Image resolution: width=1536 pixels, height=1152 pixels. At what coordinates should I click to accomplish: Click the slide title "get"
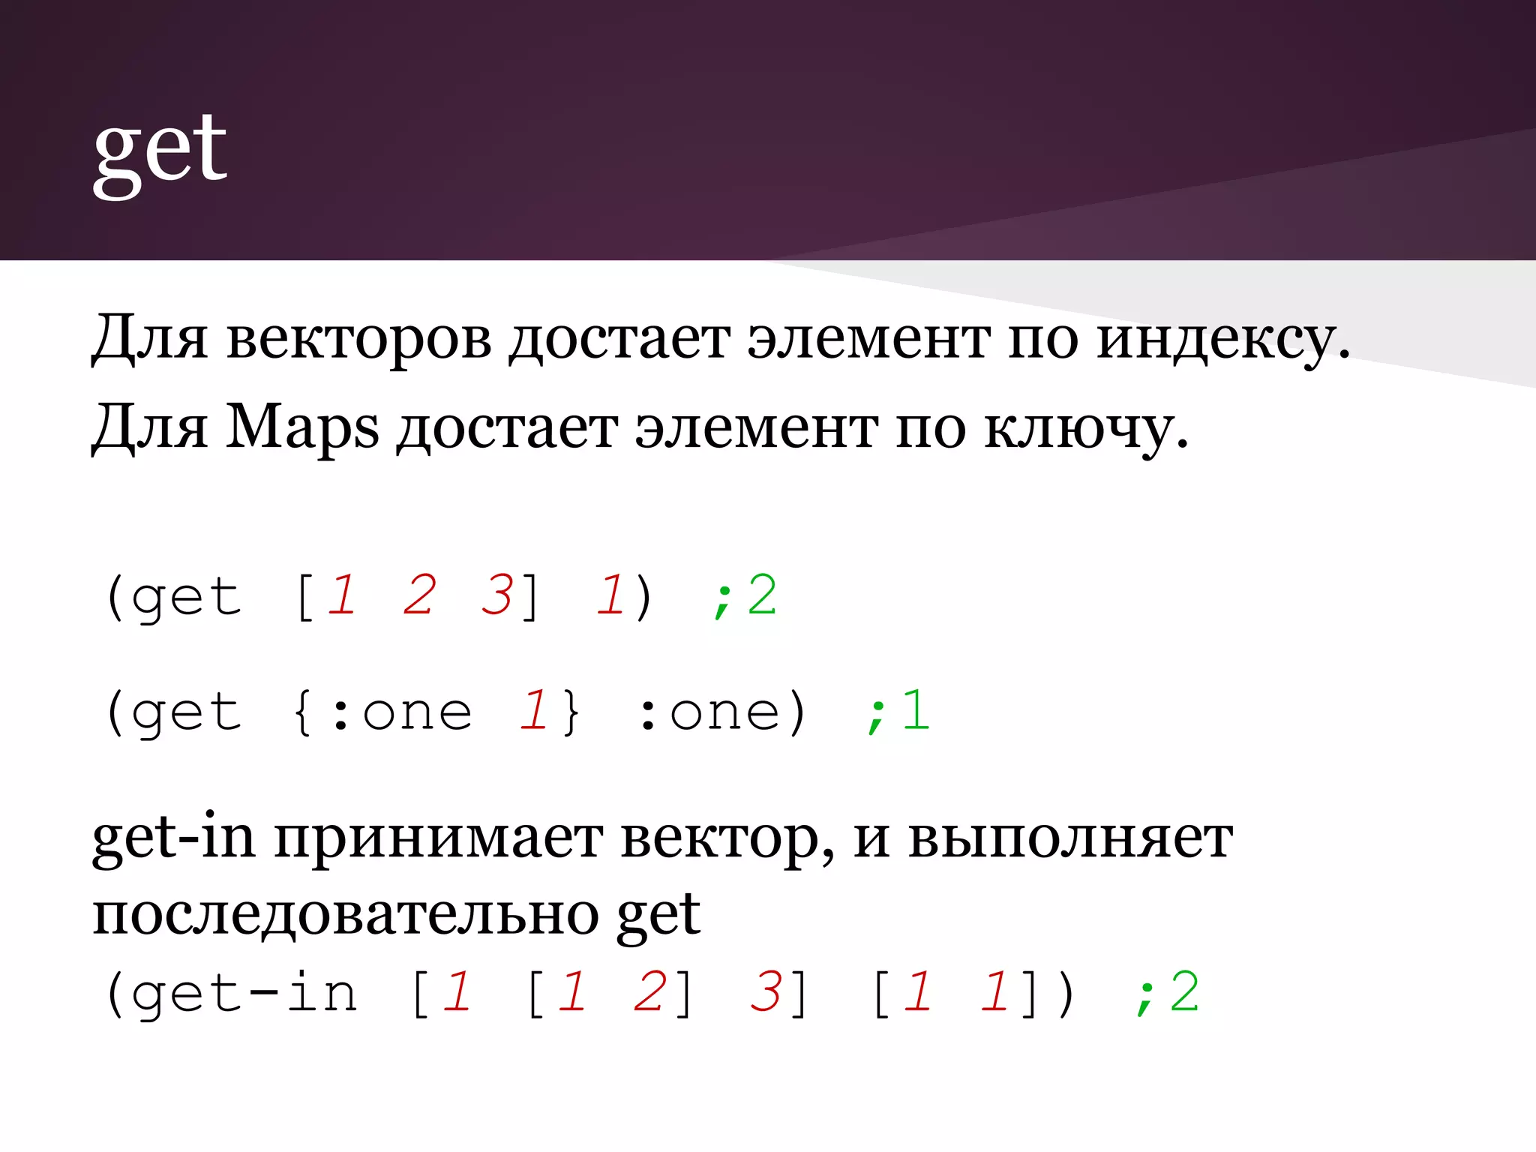click(160, 150)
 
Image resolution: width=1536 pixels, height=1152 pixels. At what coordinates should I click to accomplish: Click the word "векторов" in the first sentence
click(358, 338)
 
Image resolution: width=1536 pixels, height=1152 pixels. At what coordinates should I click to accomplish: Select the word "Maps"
click(302, 428)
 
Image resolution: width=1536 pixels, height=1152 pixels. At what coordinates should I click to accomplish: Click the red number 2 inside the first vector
click(418, 595)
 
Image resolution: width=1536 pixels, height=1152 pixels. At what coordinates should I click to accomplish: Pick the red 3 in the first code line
click(496, 595)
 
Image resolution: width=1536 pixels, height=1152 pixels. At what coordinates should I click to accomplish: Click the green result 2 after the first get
click(762, 595)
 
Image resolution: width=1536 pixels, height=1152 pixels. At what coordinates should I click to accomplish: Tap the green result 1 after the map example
click(915, 711)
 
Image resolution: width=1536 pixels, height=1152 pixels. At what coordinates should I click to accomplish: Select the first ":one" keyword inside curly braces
click(401, 711)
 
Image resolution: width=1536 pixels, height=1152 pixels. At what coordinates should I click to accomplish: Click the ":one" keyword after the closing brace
click(709, 711)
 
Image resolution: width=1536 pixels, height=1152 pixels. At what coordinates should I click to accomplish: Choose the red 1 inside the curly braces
click(534, 711)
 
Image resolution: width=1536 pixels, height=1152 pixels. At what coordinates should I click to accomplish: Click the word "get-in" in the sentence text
click(173, 838)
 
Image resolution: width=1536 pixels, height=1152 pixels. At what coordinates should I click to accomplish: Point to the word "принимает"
click(438, 838)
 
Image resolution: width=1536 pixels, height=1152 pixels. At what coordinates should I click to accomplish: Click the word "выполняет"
click(1070, 838)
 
